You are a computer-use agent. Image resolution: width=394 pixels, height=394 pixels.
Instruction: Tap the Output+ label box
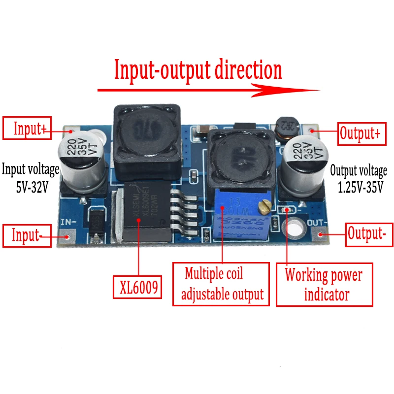point(361,133)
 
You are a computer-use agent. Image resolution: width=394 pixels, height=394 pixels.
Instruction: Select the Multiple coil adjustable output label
point(221,283)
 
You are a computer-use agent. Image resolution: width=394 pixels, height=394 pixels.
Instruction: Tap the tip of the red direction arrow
point(318,90)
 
